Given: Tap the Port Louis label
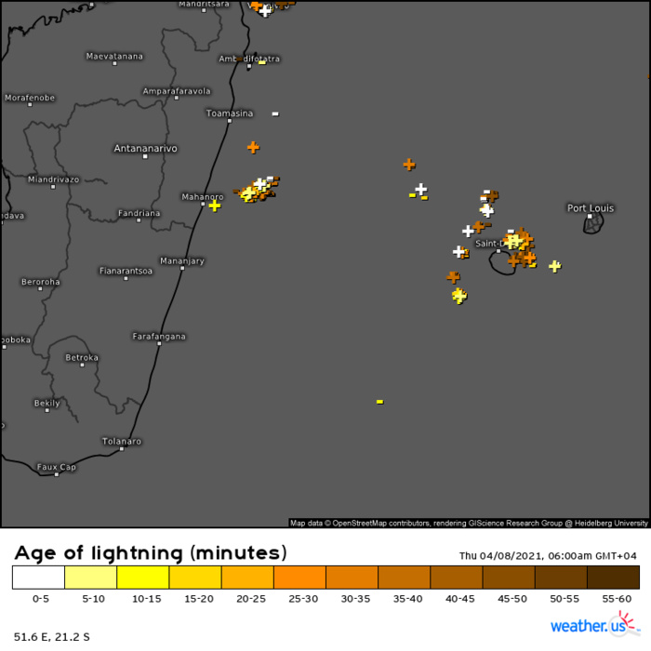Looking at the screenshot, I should tap(591, 208).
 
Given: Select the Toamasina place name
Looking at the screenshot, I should tap(229, 113).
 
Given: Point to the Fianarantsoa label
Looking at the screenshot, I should tap(126, 271).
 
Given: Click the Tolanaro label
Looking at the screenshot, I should tap(122, 441).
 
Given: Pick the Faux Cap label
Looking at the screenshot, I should tap(56, 466).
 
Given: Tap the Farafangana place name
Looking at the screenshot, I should tap(159, 336).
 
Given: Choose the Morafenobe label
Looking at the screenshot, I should tap(30, 98).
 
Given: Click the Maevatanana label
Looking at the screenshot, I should tap(114, 57).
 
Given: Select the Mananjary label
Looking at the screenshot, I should tap(182, 260).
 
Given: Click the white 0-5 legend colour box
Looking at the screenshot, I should tap(38, 578).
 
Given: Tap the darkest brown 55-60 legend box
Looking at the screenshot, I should tap(613, 578).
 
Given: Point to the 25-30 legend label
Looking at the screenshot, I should tap(300, 600).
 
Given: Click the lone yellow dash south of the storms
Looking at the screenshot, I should tap(379, 401).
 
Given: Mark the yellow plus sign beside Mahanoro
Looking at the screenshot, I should tap(215, 206).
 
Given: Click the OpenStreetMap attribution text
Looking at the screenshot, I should tap(470, 524).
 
